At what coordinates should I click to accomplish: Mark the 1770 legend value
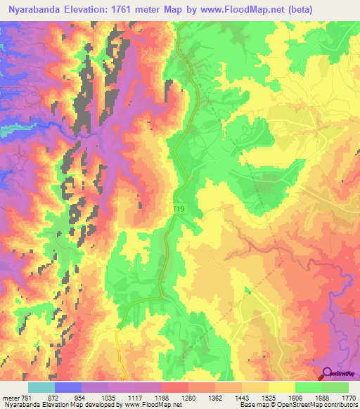348,397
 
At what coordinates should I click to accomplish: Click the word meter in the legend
9,397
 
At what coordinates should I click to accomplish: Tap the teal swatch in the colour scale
41,387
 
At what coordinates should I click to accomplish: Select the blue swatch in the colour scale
67,387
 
